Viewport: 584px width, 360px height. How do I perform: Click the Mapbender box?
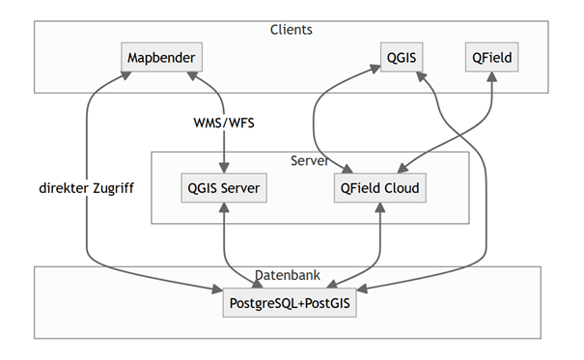(x=161, y=59)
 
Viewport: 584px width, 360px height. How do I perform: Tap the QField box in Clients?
(x=492, y=59)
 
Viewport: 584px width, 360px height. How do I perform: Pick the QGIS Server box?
(x=224, y=188)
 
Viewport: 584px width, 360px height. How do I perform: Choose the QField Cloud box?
(x=380, y=188)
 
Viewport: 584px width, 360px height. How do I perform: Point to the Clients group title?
(x=291, y=30)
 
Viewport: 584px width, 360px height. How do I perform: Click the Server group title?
(x=310, y=159)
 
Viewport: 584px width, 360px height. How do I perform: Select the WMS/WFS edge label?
(x=224, y=123)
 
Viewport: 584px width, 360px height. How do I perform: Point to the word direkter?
(x=60, y=188)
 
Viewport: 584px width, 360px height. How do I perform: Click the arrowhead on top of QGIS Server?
(x=224, y=168)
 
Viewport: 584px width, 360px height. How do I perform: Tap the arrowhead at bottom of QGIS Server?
(x=224, y=209)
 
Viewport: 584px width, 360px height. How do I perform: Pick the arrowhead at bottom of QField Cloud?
(x=381, y=209)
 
